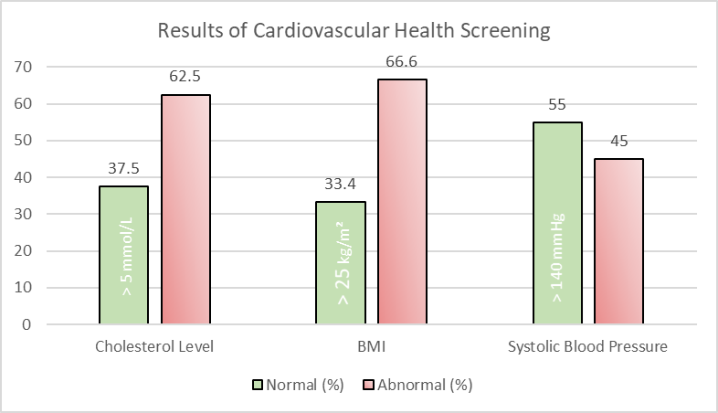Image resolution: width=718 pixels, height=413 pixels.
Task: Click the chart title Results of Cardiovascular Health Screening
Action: coord(354,30)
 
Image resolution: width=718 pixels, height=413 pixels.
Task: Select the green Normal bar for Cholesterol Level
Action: coord(123,256)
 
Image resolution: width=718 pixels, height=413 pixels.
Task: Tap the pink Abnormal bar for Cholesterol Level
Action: coord(186,210)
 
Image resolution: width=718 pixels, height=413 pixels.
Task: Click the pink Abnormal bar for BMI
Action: coord(403,202)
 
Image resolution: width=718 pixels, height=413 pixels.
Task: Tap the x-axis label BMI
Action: coord(372,346)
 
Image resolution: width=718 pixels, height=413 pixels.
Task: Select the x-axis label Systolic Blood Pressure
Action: coord(588,346)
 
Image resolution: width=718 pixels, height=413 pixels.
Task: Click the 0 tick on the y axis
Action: coord(28,324)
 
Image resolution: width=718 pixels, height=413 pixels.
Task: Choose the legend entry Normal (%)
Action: coord(298,385)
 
